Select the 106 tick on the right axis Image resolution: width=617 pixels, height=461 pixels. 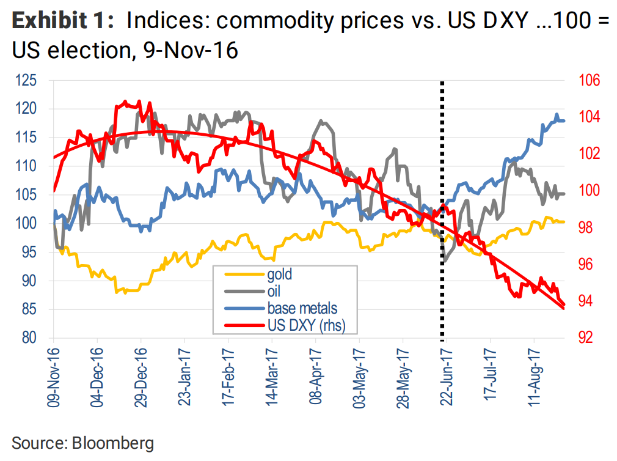tap(588, 81)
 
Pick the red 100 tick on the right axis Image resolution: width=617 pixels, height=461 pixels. tap(588, 191)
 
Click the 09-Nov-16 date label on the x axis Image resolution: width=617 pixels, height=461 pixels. tap(53, 375)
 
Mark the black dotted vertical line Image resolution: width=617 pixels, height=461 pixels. tap(442, 208)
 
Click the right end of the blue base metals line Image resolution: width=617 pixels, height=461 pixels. tap(563, 120)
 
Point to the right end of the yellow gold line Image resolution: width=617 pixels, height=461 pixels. tap(563, 222)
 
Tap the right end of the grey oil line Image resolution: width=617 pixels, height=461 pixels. tap(563, 194)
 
